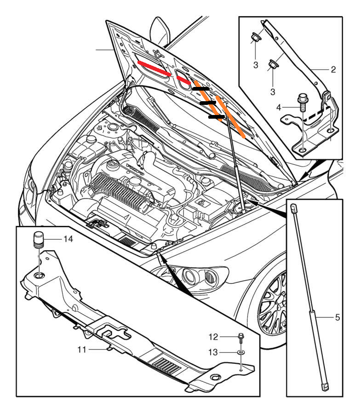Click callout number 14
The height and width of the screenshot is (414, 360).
click(69, 239)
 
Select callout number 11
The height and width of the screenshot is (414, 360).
click(82, 350)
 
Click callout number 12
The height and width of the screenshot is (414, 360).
click(213, 337)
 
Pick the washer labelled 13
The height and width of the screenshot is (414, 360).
click(241, 352)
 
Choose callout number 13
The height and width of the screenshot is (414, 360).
click(213, 352)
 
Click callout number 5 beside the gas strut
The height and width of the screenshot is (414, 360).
click(337, 317)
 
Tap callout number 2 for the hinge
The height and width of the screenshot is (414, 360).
click(333, 69)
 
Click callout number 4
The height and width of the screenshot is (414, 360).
click(279, 108)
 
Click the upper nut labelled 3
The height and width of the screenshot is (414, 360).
click(256, 38)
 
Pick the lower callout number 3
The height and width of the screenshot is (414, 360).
click(273, 92)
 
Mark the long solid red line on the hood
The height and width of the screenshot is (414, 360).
click(154, 69)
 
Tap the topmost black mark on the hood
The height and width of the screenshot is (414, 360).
click(201, 89)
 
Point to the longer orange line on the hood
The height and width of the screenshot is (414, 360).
click(231, 117)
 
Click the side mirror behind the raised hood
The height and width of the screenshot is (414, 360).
click(160, 31)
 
